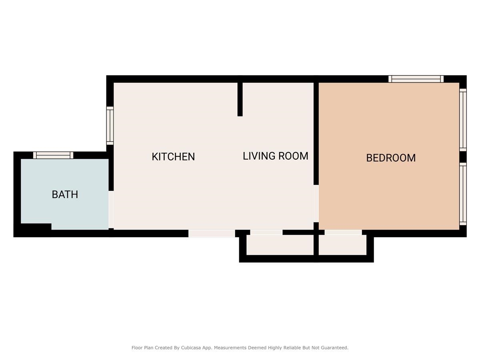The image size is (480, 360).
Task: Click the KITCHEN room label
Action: point(173,157)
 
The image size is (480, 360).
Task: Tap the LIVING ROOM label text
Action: point(275,156)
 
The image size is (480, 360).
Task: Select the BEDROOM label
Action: point(391,158)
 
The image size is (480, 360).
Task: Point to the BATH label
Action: point(65,195)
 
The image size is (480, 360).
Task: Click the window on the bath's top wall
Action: point(53,155)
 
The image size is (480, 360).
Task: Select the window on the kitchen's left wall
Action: point(110,126)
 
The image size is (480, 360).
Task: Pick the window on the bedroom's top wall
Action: point(416,79)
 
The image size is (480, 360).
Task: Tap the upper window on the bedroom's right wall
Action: point(463,120)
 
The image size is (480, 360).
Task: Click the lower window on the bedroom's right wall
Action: point(463,194)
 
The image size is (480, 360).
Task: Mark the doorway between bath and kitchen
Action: point(111,210)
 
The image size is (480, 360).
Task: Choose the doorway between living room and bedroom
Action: point(316,203)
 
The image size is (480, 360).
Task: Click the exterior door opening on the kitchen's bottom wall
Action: point(212,233)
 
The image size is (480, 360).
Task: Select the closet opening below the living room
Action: point(266,232)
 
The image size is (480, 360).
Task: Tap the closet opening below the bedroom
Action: point(343,232)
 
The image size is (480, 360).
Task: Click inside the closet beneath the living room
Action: point(280,245)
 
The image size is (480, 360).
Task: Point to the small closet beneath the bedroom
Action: point(342,245)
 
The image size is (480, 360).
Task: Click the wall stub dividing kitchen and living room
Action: point(240,99)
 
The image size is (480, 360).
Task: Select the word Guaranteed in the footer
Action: point(335,348)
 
